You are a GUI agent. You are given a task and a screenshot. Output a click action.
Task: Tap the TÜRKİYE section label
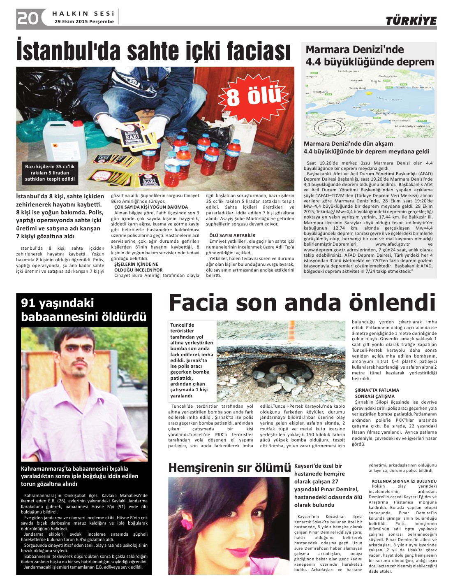point(411,21)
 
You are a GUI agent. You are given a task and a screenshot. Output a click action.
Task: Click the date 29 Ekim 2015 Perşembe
point(84,21)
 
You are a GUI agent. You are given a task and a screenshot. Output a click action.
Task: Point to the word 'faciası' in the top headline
point(252,51)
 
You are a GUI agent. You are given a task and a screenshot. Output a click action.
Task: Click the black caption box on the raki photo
point(50,173)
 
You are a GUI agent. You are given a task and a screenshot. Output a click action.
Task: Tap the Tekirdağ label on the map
point(357,88)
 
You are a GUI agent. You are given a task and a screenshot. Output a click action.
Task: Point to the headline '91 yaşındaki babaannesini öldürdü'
point(83,310)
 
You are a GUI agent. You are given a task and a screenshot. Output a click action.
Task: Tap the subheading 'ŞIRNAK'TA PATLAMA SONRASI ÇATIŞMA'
point(377,393)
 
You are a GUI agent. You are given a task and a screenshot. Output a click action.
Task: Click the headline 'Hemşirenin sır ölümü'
point(229,468)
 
